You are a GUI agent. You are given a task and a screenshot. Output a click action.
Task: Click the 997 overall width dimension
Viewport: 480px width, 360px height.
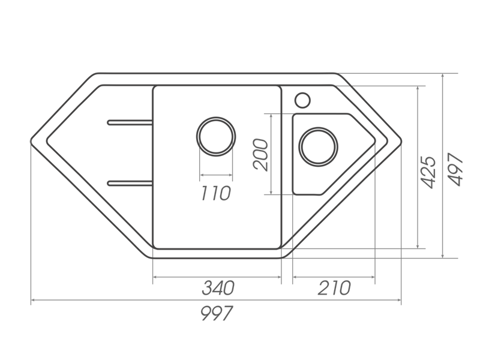pos(217,313)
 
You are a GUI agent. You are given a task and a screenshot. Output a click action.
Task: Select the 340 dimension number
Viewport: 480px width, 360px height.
pos(218,288)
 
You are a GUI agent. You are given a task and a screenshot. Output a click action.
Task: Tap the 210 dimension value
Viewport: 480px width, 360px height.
pos(334,288)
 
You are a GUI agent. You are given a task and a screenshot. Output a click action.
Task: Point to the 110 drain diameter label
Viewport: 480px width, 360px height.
pos(215,193)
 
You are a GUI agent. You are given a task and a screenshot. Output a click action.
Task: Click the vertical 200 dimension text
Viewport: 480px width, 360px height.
pos(260,155)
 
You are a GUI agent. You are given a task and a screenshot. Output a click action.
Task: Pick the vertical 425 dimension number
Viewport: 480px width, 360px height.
pos(428,172)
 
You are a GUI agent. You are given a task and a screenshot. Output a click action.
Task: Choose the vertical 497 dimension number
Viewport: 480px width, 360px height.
pos(455,169)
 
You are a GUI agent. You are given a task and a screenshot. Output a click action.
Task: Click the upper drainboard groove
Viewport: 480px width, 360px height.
pos(130,122)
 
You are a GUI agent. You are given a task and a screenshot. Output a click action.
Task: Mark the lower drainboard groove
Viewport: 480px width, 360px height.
pos(130,183)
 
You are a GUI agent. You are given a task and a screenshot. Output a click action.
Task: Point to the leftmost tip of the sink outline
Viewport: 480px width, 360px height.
pos(31,141)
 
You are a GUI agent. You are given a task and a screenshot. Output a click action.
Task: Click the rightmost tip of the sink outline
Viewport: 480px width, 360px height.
pos(401,141)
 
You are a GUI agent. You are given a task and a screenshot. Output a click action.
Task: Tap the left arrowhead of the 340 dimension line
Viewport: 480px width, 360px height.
pos(155,277)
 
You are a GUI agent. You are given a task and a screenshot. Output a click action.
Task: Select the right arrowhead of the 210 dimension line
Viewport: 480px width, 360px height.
pos(373,277)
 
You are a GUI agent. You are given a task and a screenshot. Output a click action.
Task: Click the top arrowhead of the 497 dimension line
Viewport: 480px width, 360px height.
pos(443,76)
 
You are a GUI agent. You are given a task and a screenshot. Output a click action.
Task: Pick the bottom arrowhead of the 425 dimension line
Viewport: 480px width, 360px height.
pos(418,246)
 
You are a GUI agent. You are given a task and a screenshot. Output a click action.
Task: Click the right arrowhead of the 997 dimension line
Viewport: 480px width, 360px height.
pos(399,300)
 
